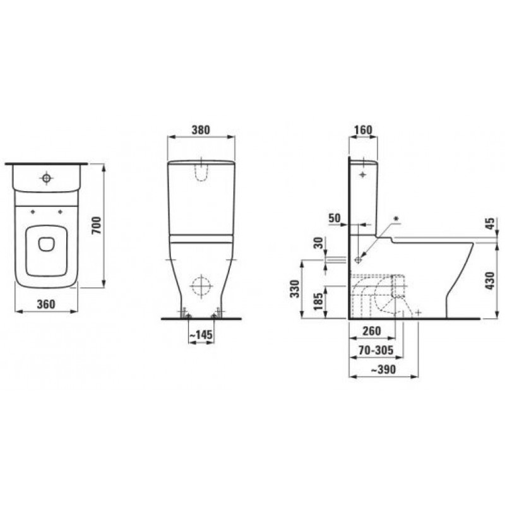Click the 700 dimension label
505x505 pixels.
pyautogui.click(x=97, y=225)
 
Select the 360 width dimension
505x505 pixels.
pyautogui.click(x=46, y=304)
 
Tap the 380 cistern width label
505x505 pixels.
pyautogui.click(x=201, y=130)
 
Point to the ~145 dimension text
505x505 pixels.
pyautogui.click(x=201, y=335)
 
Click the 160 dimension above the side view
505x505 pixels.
pyautogui.click(x=363, y=130)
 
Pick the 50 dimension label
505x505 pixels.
pyautogui.click(x=335, y=218)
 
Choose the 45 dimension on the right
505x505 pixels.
pyautogui.click(x=490, y=223)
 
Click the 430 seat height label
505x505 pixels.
pyautogui.click(x=490, y=280)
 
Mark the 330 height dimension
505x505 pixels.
pyautogui.click(x=295, y=288)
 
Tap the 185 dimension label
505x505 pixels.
pyautogui.click(x=318, y=301)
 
